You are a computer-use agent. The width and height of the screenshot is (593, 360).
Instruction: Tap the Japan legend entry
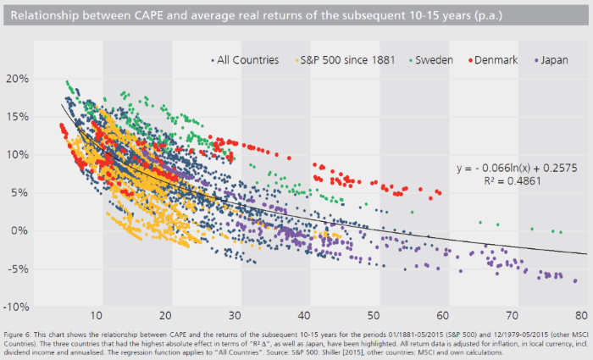[x=551, y=60]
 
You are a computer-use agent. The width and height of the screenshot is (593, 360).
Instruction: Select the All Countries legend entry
[x=243, y=60]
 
